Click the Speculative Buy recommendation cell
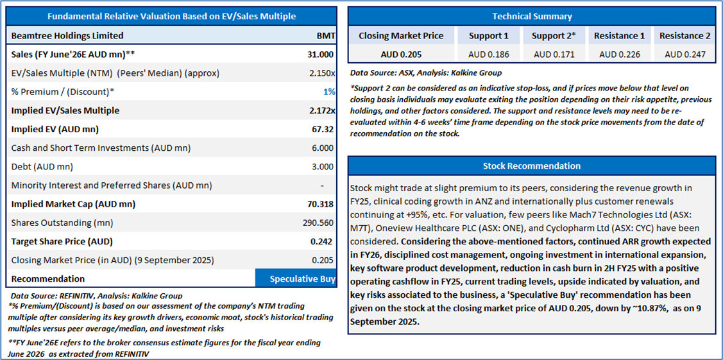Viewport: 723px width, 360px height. tap(296, 279)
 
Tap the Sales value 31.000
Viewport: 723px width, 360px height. tap(320, 54)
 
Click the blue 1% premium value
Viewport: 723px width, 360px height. tap(328, 92)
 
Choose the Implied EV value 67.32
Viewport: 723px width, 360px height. tap(322, 129)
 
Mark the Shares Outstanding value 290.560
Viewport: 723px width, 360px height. tap(317, 223)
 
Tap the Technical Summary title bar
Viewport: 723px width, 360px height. tap(532, 16)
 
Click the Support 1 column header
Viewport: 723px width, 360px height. tap(488, 36)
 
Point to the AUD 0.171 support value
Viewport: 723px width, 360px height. tap(554, 55)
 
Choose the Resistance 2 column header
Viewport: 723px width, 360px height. tap(685, 36)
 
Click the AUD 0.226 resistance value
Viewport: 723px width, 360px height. tap(619, 55)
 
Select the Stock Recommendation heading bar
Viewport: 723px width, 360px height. tap(532, 166)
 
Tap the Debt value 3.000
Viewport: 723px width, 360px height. tap(322, 167)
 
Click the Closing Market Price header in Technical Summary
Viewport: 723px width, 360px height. tap(401, 36)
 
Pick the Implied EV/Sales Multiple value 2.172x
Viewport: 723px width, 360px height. tap(320, 110)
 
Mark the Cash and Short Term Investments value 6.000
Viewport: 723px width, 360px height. tap(322, 148)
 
